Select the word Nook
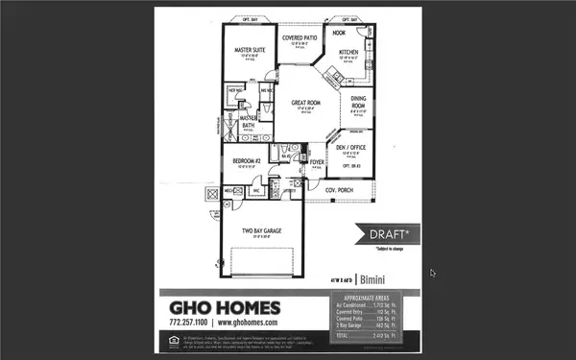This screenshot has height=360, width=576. pyautogui.click(x=340, y=33)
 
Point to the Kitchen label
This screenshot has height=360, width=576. pyautogui.click(x=348, y=52)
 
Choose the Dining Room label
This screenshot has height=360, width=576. pyautogui.click(x=358, y=101)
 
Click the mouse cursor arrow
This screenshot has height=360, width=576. pyautogui.click(x=433, y=273)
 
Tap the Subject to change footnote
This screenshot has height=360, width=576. pyautogui.click(x=391, y=248)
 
